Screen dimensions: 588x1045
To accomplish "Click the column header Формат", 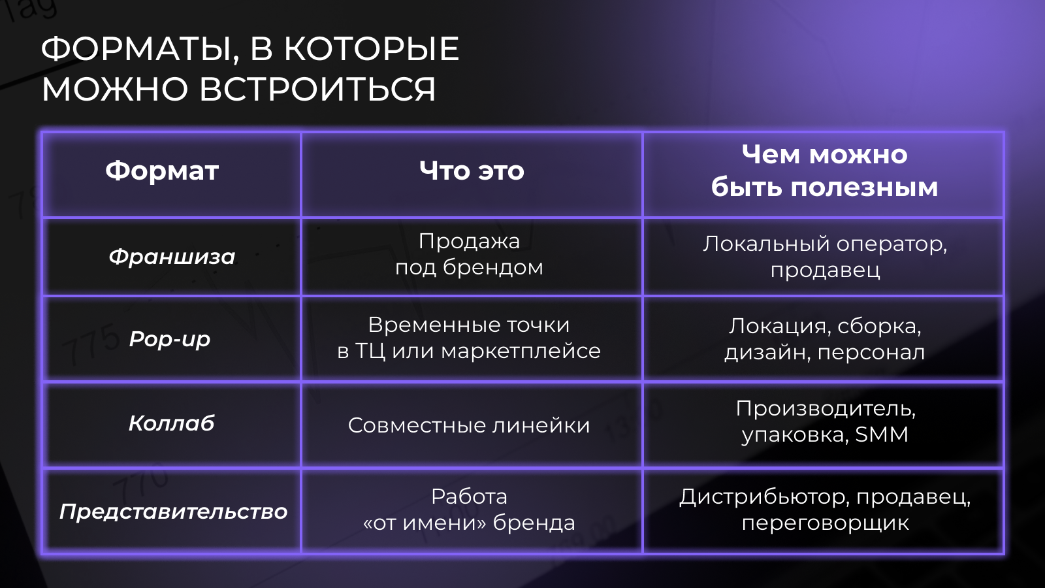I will coord(162,171).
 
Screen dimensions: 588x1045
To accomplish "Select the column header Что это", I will coord(472,171).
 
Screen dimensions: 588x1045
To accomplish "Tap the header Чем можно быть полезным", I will coord(824,171).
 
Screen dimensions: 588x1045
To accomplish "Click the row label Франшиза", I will coord(172,257).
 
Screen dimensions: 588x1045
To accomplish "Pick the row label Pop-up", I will coord(170,339).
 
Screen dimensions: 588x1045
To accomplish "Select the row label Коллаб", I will coord(172,423).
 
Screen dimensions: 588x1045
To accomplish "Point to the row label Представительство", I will coord(173,512).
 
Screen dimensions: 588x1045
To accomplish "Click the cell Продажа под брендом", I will coord(470,254).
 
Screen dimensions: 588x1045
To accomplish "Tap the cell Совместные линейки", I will coord(469,425).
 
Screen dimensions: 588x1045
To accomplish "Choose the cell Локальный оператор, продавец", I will coord(825,256).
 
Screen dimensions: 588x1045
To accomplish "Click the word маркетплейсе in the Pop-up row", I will coord(521,351).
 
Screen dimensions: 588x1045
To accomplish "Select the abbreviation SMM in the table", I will coord(882,434).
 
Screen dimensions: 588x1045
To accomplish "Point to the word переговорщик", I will coord(825,523).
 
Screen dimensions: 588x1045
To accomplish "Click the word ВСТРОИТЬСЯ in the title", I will coord(317,89).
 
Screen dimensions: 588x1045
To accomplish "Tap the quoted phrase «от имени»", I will coord(425,523).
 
